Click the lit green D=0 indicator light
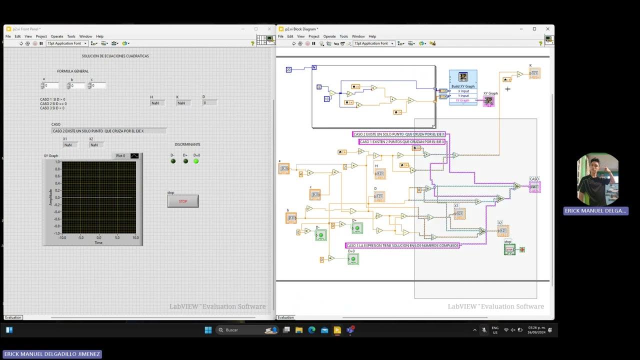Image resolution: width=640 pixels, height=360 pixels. [x=196, y=161]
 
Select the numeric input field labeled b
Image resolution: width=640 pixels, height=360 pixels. [x=77, y=85]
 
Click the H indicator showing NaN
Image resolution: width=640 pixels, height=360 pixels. [x=157, y=103]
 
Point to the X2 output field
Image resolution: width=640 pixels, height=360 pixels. [x=96, y=145]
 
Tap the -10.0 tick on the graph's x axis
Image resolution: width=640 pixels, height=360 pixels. [x=62, y=237]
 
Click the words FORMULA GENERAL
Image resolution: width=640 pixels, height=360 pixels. [x=73, y=71]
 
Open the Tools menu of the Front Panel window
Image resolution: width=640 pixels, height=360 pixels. [x=71, y=36]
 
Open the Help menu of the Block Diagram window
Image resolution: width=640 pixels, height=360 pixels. [x=372, y=36]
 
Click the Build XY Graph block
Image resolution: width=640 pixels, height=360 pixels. [x=463, y=79]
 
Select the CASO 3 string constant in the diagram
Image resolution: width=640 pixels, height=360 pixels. [x=402, y=245]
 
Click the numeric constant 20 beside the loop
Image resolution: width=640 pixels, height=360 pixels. [x=288, y=69]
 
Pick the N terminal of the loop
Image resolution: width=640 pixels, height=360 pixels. [x=314, y=67]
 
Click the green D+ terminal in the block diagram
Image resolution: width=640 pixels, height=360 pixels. [x=356, y=229]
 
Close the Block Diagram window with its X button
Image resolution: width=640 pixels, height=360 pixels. [x=547, y=29]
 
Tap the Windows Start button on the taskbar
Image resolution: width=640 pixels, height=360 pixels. [x=208, y=330]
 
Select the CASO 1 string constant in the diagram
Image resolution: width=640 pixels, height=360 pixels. [x=402, y=142]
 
